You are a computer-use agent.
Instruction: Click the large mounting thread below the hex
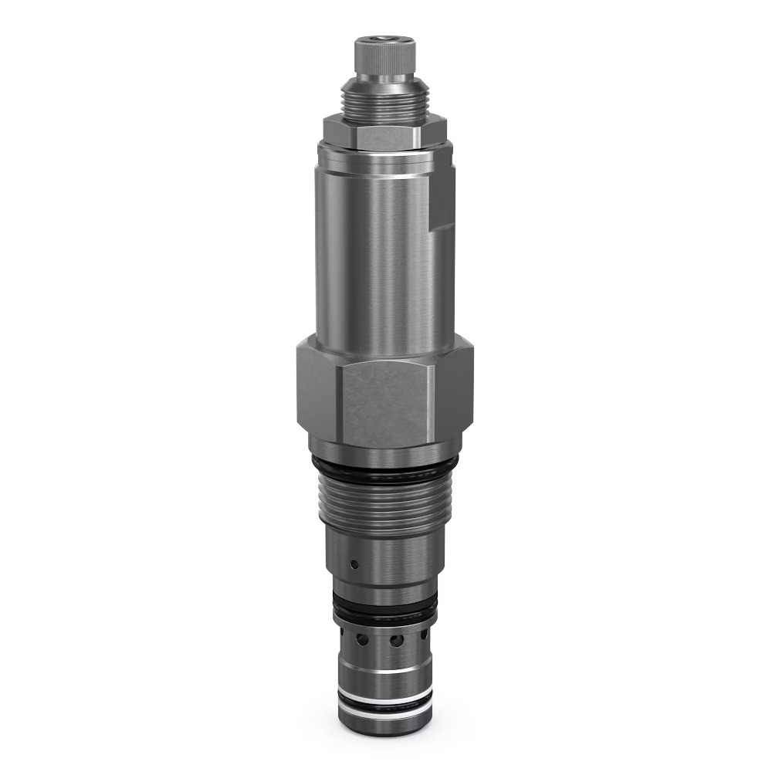384,506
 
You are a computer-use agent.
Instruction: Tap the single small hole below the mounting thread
354,564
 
